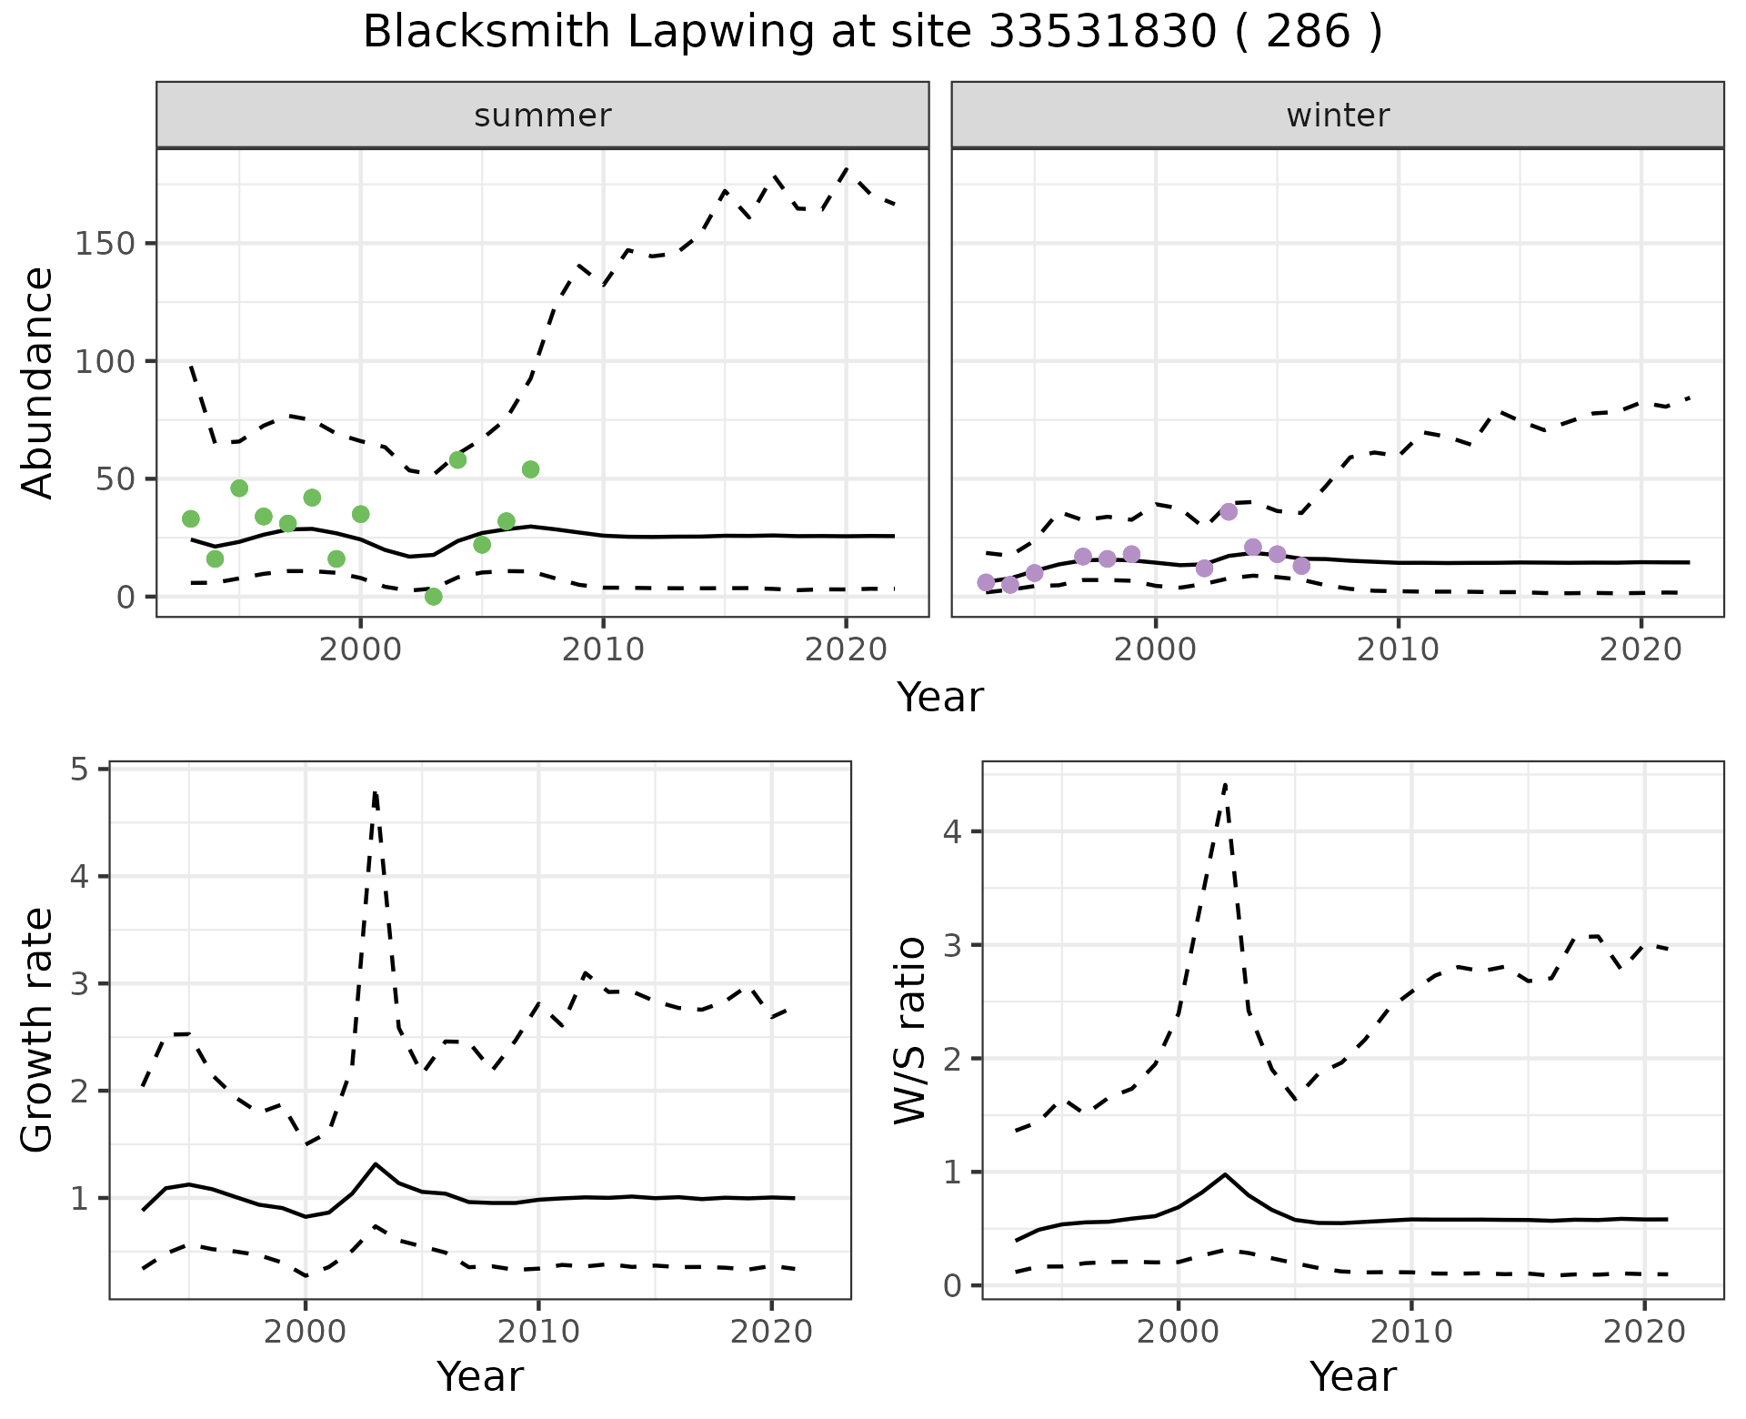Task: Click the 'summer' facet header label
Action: coord(543,116)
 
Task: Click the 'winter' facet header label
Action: coord(1338,116)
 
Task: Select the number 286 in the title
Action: coord(1308,33)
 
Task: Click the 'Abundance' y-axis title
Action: coord(38,383)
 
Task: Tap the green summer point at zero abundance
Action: coord(434,597)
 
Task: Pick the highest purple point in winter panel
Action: coord(1229,511)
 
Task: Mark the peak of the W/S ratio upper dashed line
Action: coord(1225,784)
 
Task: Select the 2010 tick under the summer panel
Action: coord(603,649)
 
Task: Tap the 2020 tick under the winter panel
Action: coord(1641,649)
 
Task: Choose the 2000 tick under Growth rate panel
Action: coord(306,1332)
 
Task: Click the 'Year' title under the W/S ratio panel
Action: coord(1352,1377)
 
